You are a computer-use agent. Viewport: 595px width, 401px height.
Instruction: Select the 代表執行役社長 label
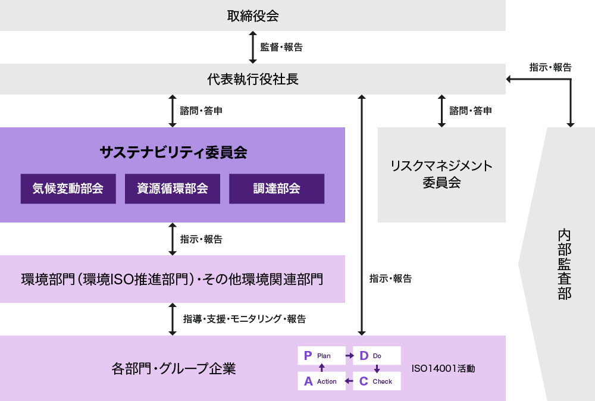pyautogui.click(x=253, y=79)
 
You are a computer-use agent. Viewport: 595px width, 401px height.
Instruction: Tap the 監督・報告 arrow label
pyautogui.click(x=281, y=48)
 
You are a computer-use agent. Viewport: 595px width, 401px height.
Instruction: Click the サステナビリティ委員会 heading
pyautogui.click(x=173, y=153)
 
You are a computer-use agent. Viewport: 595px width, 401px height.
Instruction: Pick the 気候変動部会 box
pyautogui.click(x=68, y=189)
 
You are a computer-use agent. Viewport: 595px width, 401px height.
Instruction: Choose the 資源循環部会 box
pyautogui.click(x=173, y=189)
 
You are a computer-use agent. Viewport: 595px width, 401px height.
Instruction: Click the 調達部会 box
pyautogui.click(x=277, y=189)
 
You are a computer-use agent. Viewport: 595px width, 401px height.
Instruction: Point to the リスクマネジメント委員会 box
pyautogui.click(x=441, y=174)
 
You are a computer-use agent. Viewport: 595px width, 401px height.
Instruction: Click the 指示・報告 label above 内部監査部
pyautogui.click(x=550, y=68)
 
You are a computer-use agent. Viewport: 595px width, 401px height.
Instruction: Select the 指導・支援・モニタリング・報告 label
pyautogui.click(x=245, y=319)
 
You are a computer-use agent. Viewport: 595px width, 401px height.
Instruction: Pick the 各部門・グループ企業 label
pyautogui.click(x=174, y=368)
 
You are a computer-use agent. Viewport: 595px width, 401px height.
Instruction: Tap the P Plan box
pyautogui.click(x=321, y=356)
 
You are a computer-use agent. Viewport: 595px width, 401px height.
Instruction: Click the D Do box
pyautogui.click(x=377, y=356)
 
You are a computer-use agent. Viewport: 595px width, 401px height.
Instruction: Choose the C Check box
pyautogui.click(x=377, y=381)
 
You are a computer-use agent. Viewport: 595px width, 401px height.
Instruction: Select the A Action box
pyautogui.click(x=321, y=381)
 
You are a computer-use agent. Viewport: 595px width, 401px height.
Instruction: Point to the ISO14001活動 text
pyautogui.click(x=443, y=369)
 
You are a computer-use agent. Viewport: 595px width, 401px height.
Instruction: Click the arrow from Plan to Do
pyautogui.click(x=349, y=356)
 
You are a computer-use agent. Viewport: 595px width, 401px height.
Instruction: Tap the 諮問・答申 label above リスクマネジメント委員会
pyautogui.click(x=470, y=111)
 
